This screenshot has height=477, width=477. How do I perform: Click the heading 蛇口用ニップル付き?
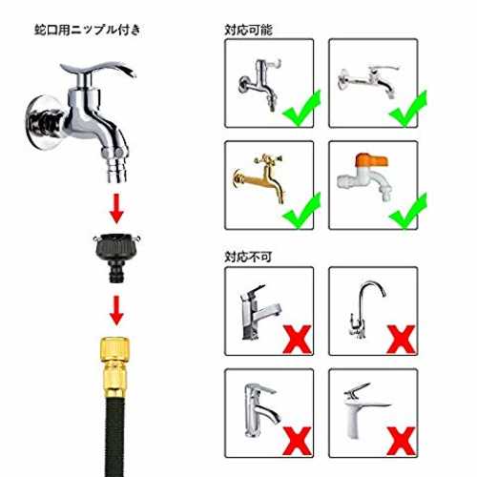click(x=88, y=30)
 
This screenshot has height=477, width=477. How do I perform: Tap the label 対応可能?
click(x=248, y=30)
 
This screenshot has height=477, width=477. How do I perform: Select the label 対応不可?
click(x=248, y=257)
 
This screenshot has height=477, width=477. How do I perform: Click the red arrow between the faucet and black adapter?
click(x=116, y=208)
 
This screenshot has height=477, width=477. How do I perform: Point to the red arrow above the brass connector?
click(x=116, y=310)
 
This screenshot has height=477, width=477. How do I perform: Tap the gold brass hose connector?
click(x=114, y=367)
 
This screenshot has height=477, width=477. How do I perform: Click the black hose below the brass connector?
click(x=114, y=437)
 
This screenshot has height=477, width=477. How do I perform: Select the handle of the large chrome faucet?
click(x=98, y=69)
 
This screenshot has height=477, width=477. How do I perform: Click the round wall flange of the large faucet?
click(x=43, y=122)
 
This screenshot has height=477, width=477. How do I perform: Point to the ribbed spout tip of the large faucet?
click(x=116, y=172)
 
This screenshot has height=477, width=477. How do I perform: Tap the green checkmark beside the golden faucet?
click(x=301, y=211)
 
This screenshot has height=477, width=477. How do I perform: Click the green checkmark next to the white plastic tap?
click(x=407, y=211)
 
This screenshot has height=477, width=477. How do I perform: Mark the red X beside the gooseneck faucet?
click(x=402, y=339)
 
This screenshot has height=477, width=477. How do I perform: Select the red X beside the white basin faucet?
click(x=402, y=442)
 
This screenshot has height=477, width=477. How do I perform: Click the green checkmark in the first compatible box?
click(x=301, y=109)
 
